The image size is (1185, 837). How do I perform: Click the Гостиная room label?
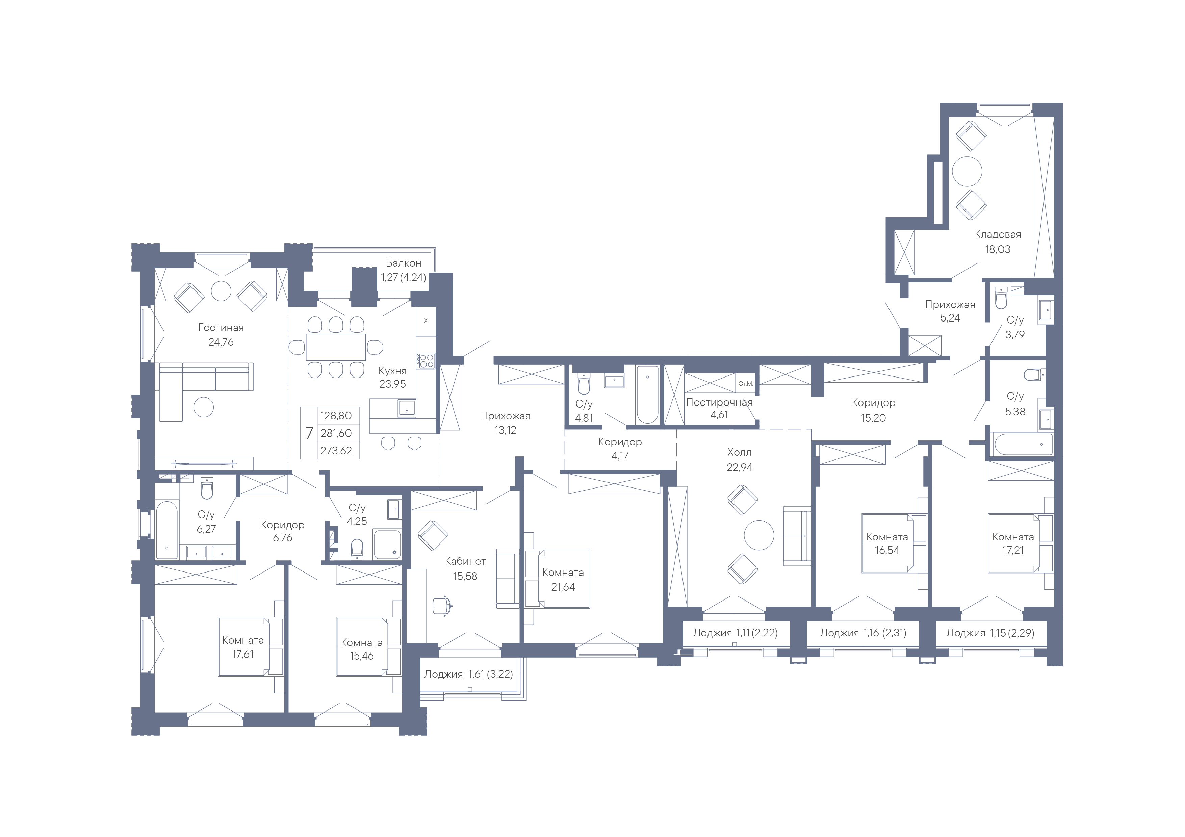coord(221,328)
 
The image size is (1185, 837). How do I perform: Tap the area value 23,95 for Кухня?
coord(392,384)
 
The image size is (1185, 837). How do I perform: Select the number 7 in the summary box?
coord(309,433)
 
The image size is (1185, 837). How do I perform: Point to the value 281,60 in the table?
coord(336,433)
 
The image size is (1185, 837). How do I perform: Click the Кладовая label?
coord(998,235)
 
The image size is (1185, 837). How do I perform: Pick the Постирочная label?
coord(719,402)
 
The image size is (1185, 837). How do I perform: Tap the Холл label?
coord(739,452)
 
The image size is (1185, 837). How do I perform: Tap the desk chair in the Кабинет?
coord(442,606)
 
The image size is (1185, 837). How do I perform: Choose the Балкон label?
coord(403,263)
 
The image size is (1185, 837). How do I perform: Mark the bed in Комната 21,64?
coord(558,579)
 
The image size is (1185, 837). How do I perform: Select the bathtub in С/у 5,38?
coord(1023,444)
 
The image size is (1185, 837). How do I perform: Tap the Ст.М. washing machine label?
coord(745,384)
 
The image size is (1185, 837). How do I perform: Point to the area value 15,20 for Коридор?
coord(873,418)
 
